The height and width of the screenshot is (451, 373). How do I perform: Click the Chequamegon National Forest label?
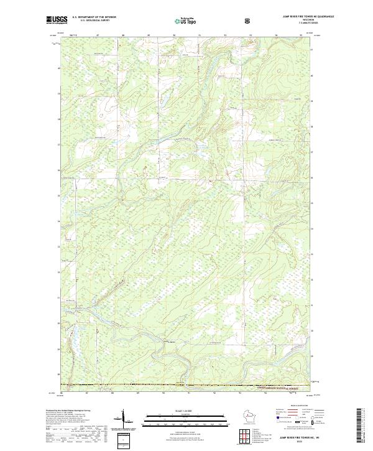click(274, 386)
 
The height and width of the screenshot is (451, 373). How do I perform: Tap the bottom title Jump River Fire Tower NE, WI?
click(292, 435)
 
